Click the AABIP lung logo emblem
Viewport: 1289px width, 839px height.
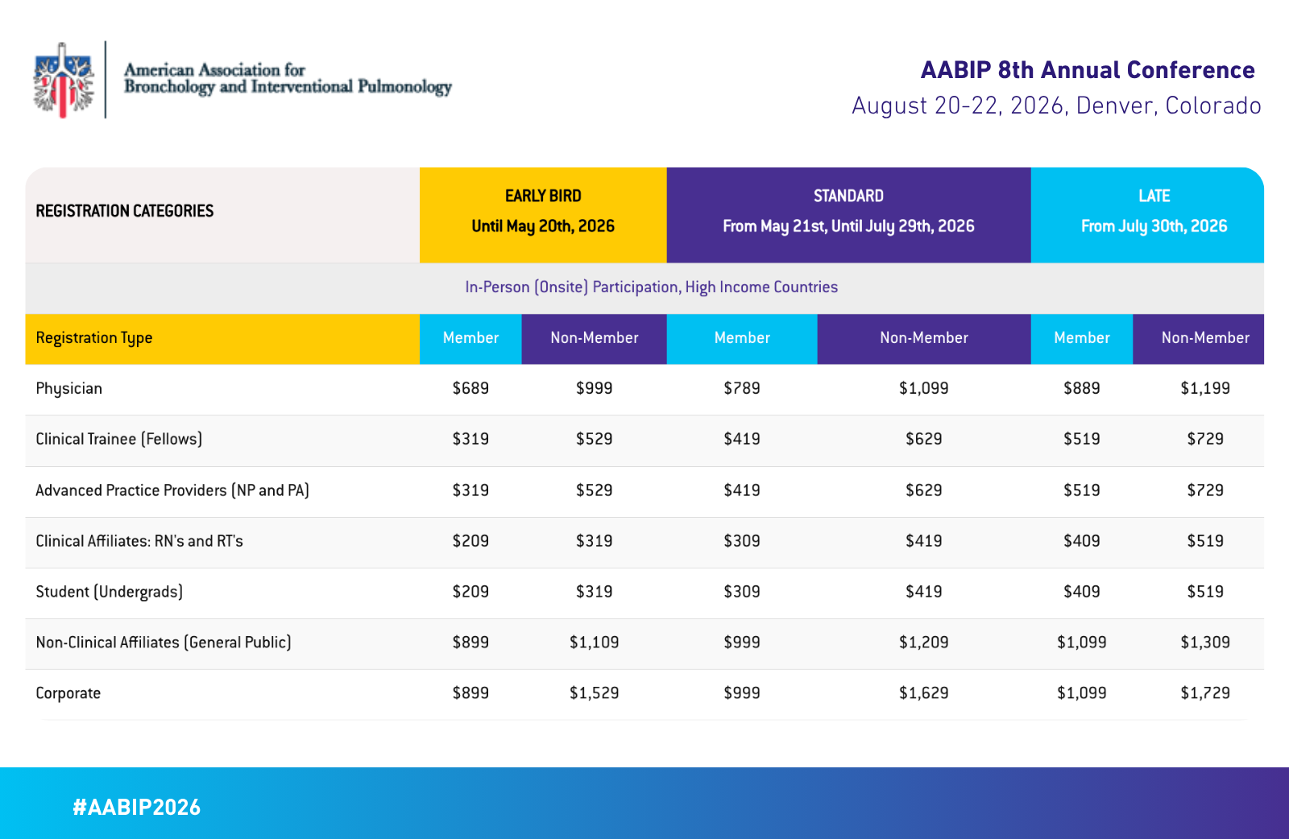click(x=63, y=80)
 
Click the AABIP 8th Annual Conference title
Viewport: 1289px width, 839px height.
click(x=1087, y=70)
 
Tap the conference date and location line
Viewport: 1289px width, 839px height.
click(x=1056, y=105)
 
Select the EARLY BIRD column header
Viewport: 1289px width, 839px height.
click(x=543, y=212)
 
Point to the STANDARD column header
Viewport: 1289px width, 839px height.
click(x=848, y=212)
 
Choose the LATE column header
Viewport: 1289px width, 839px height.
click(x=1154, y=212)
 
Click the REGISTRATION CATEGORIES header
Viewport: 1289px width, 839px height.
click(x=125, y=211)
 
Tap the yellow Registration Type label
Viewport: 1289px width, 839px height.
click(x=94, y=338)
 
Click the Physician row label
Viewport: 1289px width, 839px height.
click(x=69, y=389)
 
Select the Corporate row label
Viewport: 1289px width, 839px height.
click(x=68, y=693)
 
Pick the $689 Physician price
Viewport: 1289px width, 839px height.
click(x=470, y=388)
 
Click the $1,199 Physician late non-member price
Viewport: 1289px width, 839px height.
click(x=1205, y=388)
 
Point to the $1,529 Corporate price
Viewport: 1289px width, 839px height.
click(x=594, y=692)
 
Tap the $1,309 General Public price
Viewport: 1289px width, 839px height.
click(x=1205, y=642)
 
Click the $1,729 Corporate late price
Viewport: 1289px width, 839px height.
click(x=1205, y=692)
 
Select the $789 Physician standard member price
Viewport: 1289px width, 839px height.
click(x=742, y=388)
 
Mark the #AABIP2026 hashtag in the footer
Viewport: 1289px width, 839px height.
click(x=137, y=808)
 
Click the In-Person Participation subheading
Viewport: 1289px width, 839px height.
click(x=651, y=287)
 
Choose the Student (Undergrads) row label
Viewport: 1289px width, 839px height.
click(x=110, y=592)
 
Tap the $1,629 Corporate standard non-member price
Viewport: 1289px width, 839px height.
click(x=923, y=692)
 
